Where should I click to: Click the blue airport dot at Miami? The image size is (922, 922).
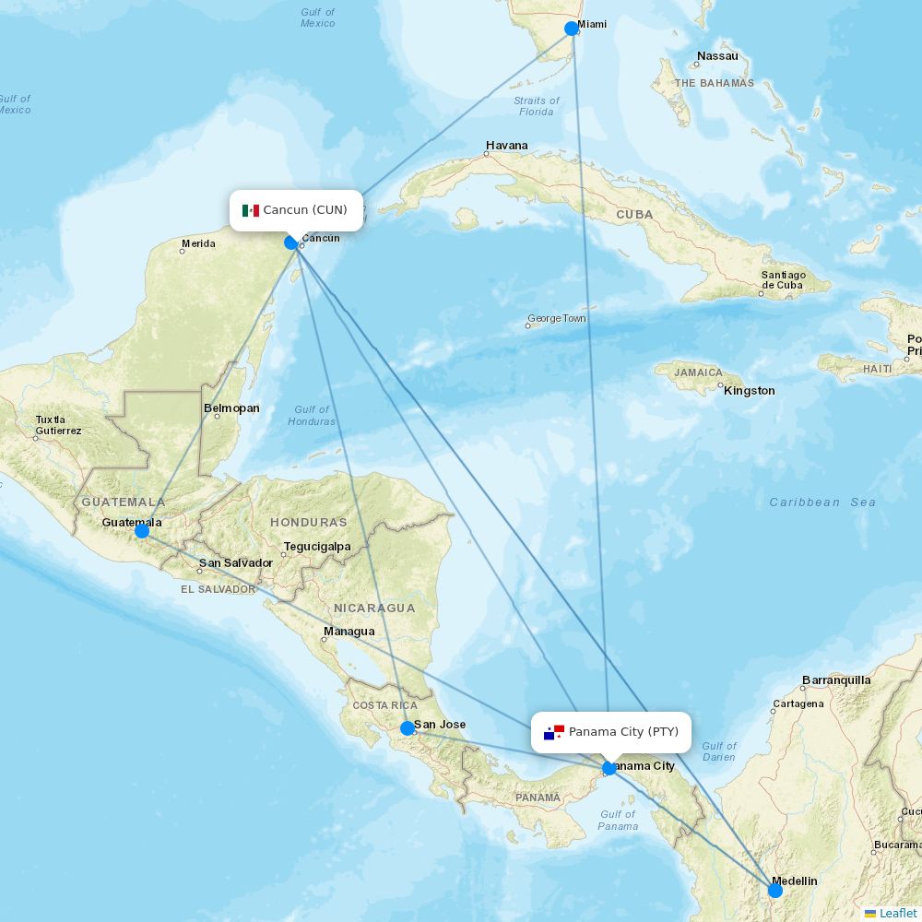tap(572, 28)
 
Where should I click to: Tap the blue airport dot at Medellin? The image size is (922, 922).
tap(775, 890)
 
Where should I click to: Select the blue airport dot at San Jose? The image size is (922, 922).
tap(408, 728)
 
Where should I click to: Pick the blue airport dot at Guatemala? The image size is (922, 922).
tap(142, 531)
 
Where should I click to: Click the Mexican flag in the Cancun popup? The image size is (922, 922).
tap(251, 210)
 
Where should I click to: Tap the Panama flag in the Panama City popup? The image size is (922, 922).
tap(554, 732)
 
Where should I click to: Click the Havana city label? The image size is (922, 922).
tap(507, 146)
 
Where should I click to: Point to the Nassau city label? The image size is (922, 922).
tap(717, 56)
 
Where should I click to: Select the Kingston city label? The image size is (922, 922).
tap(750, 391)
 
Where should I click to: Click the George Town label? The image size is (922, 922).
tap(557, 319)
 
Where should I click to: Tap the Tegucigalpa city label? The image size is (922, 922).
tap(317, 547)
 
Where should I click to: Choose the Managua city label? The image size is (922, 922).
tap(349, 632)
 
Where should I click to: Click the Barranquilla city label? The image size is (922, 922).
tap(836, 680)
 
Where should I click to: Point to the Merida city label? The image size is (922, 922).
tap(198, 244)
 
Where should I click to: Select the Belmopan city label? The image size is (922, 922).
tap(231, 408)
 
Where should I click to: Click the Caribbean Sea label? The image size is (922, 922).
tap(822, 502)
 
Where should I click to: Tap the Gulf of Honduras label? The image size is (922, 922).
tap(312, 416)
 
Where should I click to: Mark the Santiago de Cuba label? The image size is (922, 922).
tap(784, 280)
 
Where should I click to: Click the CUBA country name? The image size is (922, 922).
tap(634, 215)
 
